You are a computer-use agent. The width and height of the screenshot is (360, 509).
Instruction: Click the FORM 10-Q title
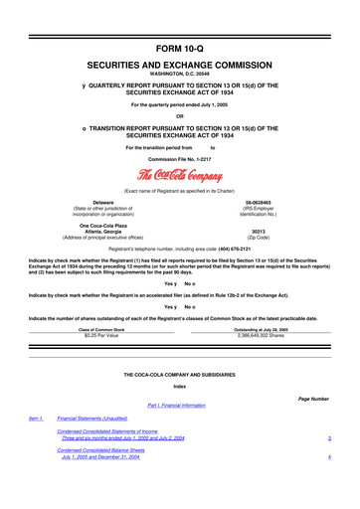[x=180, y=20]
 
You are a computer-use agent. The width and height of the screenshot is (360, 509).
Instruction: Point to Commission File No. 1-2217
[x=180, y=159]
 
